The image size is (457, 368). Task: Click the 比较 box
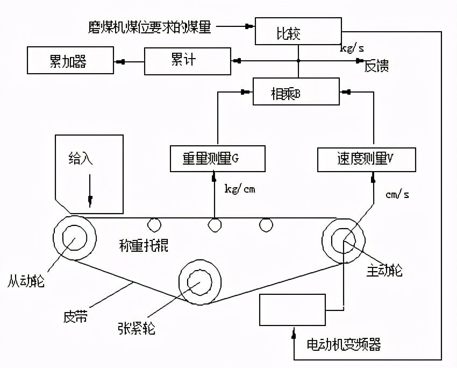(x=297, y=31)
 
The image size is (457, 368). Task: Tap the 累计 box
(x=187, y=60)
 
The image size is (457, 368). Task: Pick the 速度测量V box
(x=366, y=159)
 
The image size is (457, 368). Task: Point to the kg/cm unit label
(x=240, y=189)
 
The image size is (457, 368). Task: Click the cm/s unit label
(x=397, y=194)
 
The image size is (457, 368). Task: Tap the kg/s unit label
(x=352, y=47)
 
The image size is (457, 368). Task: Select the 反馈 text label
(x=376, y=67)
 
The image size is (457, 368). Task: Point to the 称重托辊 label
(x=144, y=246)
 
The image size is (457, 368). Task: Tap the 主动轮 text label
(x=384, y=270)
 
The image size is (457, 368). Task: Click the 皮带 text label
(x=75, y=317)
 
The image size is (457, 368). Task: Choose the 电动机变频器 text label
(x=344, y=344)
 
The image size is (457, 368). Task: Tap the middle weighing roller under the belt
(x=214, y=224)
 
